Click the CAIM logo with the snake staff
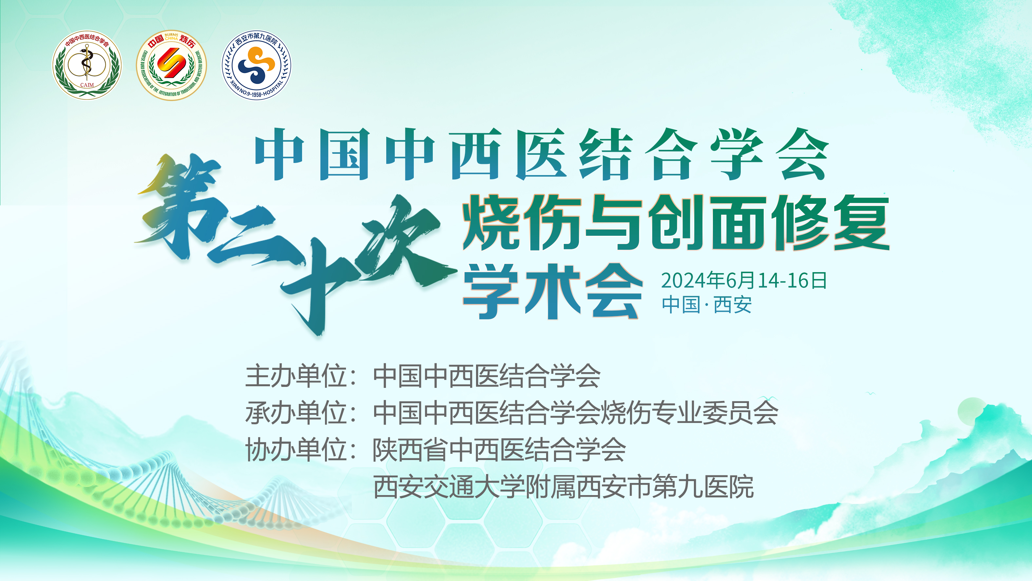point(86,65)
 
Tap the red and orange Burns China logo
point(171,65)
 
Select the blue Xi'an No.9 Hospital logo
point(257,65)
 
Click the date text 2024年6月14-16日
point(744,280)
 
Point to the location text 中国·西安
point(707,305)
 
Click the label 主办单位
point(296,376)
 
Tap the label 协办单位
point(296,450)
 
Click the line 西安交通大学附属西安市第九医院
point(563,487)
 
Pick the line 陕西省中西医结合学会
point(499,450)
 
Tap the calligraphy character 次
point(405,241)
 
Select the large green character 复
point(861,223)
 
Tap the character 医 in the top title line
point(542,154)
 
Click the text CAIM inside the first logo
point(86,85)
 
